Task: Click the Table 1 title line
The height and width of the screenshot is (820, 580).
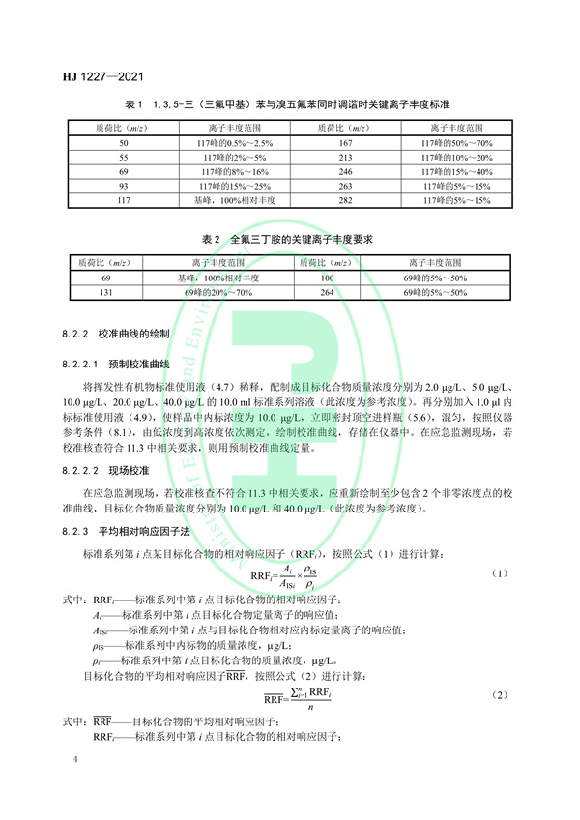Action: (x=289, y=102)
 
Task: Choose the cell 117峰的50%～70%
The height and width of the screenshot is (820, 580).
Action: (x=457, y=143)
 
